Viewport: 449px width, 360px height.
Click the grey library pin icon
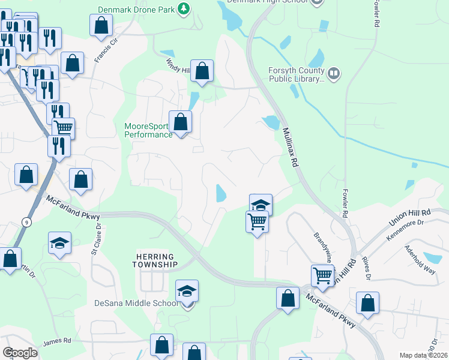click(x=333, y=74)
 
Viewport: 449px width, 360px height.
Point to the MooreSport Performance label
click(x=148, y=130)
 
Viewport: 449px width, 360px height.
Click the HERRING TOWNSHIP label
click(x=155, y=260)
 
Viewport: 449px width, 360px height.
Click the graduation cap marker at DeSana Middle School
click(x=187, y=292)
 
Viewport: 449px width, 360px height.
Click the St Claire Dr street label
click(x=95, y=238)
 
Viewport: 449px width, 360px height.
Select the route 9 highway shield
click(x=25, y=222)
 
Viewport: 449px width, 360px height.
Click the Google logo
click(x=20, y=353)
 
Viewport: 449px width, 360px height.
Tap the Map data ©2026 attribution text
click(x=423, y=356)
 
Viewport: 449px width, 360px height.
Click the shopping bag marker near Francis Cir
click(x=101, y=25)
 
